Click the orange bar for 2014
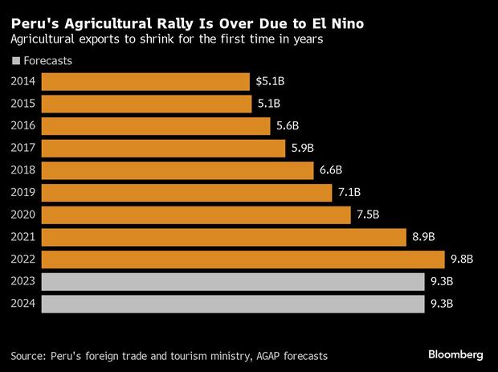(x=145, y=82)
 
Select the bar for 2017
(x=163, y=149)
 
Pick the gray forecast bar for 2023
(x=232, y=282)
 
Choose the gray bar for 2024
(x=232, y=305)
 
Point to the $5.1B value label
(x=268, y=82)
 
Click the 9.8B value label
(x=461, y=260)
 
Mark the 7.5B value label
(x=368, y=215)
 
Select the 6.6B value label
(x=330, y=170)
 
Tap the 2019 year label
(x=23, y=193)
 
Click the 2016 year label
(x=23, y=126)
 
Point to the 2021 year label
(x=23, y=237)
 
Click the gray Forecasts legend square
(x=15, y=61)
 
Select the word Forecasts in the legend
(x=47, y=60)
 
